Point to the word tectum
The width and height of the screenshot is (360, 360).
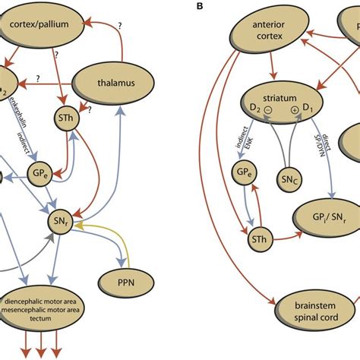pos(47,319)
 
